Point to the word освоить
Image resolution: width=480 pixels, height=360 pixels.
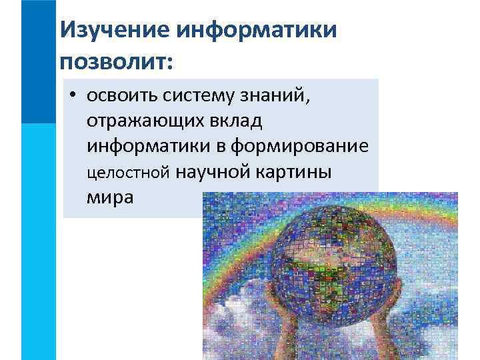[117, 96]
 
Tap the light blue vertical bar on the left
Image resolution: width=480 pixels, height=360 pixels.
[38, 240]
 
